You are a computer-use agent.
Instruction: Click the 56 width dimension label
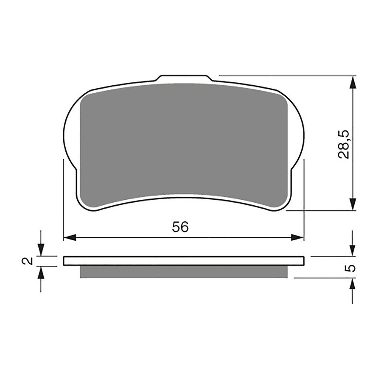[180, 227]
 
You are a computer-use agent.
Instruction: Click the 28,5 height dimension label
[344, 144]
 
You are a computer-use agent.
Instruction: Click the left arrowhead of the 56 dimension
[70, 237]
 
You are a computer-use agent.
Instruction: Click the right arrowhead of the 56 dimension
[298, 237]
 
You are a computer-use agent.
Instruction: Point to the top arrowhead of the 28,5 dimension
[353, 82]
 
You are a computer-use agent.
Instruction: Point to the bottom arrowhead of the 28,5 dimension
[353, 204]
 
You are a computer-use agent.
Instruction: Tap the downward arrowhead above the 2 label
[41, 250]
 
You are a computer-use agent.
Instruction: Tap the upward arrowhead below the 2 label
[41, 273]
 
